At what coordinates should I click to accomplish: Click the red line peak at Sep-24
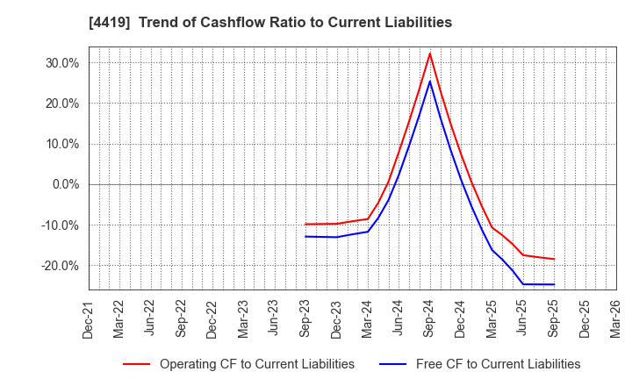point(429,54)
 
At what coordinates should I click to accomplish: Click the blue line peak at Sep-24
point(429,82)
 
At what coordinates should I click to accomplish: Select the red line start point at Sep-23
point(305,224)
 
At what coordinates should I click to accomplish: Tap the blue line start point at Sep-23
point(305,236)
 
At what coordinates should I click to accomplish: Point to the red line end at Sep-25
point(554,259)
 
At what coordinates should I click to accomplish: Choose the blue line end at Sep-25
point(554,284)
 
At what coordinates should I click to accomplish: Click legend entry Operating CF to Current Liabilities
point(256,364)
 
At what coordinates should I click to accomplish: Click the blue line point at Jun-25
point(523,284)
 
